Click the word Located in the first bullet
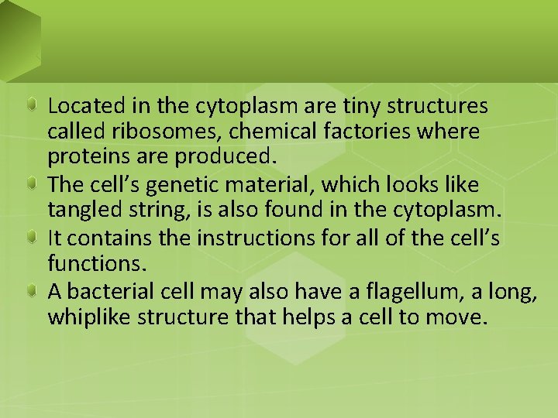[81, 104]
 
